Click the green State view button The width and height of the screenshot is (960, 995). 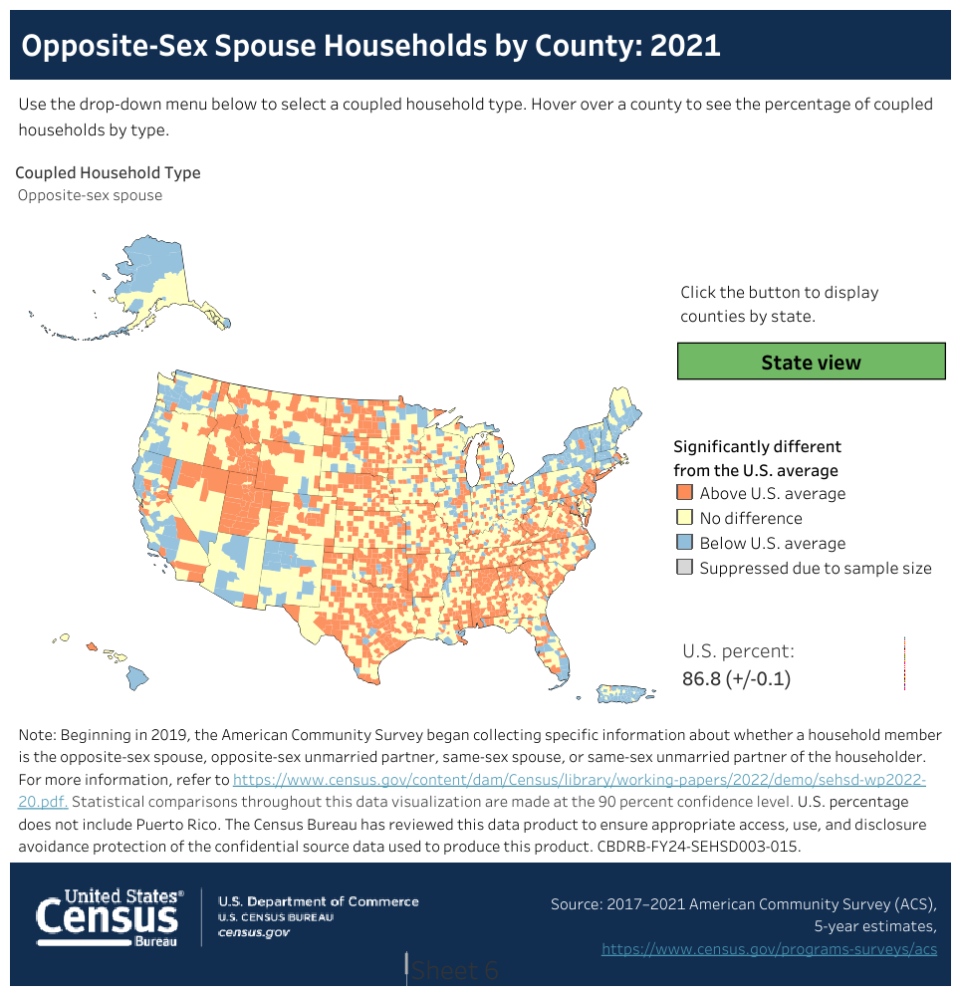pyautogui.click(x=811, y=362)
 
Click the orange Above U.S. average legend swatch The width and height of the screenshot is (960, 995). pyautogui.click(x=684, y=493)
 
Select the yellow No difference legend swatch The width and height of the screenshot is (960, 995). pyautogui.click(x=684, y=518)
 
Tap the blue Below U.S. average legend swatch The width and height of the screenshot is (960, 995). pyautogui.click(x=684, y=543)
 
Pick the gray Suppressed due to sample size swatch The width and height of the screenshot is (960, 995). pyautogui.click(x=684, y=568)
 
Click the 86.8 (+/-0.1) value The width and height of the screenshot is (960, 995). pyautogui.click(x=736, y=679)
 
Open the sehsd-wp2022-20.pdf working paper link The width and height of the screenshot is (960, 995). pyautogui.click(x=578, y=779)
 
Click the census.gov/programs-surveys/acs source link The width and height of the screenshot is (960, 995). pyautogui.click(x=769, y=949)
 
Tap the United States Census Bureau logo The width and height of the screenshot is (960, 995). pyautogui.click(x=110, y=916)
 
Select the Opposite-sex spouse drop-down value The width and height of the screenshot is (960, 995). pyautogui.click(x=90, y=195)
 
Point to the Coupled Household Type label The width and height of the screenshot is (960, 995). pyautogui.click(x=108, y=173)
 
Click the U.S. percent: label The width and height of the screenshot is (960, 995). pyautogui.click(x=738, y=651)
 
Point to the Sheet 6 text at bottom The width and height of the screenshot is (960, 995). pyautogui.click(x=455, y=970)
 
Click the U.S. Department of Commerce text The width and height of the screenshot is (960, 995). pyautogui.click(x=319, y=901)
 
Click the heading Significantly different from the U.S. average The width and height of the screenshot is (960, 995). pyautogui.click(x=757, y=458)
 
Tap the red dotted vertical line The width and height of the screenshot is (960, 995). pyautogui.click(x=904, y=664)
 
